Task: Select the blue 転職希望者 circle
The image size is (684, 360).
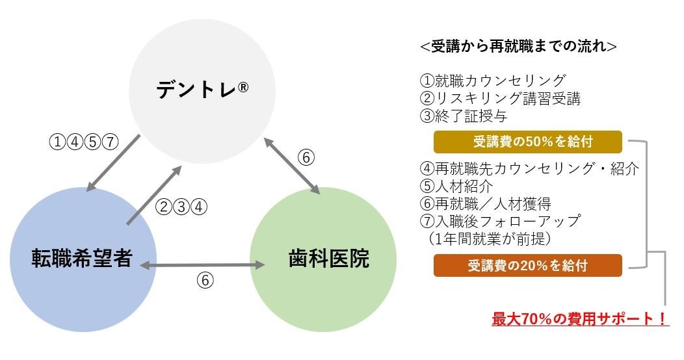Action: coord(83,259)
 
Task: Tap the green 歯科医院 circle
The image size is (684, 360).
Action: coord(323,259)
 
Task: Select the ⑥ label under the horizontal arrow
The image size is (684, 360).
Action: coord(204,280)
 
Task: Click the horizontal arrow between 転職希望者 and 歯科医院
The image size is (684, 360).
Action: coord(203,265)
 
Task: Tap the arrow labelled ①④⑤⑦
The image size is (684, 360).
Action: coord(114,163)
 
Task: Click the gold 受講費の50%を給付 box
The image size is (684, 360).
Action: coord(528,142)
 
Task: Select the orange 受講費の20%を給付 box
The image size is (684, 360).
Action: coord(528,265)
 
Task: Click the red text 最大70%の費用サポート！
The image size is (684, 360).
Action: coord(580,319)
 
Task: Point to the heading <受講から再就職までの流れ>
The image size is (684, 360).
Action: coord(518,47)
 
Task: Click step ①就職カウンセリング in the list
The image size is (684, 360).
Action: coord(493,81)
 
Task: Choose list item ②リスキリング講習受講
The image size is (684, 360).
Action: coord(500,99)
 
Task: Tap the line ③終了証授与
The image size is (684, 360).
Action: coord(464,117)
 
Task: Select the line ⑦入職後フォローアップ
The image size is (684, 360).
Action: coord(500,221)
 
